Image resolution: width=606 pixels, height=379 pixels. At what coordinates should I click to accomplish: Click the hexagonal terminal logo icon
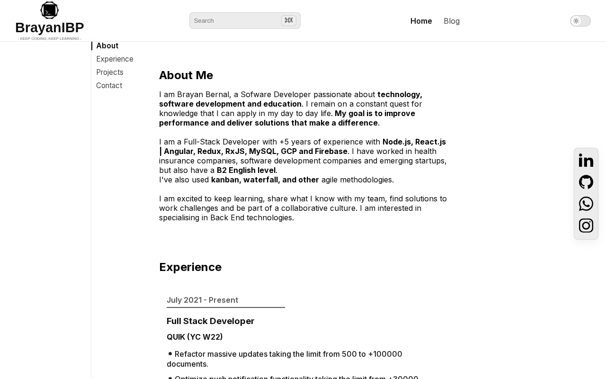tap(49, 10)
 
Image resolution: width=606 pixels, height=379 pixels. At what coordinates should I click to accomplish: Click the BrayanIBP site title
tap(49, 27)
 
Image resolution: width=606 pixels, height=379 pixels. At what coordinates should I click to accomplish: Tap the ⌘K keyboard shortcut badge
tap(288, 20)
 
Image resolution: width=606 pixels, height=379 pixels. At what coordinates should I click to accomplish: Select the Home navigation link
tap(421, 21)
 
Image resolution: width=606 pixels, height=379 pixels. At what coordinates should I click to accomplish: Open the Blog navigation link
tap(452, 21)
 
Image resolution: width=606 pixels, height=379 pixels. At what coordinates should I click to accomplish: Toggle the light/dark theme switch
tap(580, 21)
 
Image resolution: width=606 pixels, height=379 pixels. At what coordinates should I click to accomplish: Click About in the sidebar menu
tap(107, 46)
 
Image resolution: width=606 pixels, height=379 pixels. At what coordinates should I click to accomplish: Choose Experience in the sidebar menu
tap(115, 59)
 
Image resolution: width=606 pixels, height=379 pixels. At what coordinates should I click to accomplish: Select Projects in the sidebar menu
tap(110, 72)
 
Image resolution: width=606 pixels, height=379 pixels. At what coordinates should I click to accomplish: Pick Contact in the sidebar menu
tap(109, 86)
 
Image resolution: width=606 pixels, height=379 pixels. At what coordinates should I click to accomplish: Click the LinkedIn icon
tap(586, 161)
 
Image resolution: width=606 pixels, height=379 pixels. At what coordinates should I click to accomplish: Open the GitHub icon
tap(586, 182)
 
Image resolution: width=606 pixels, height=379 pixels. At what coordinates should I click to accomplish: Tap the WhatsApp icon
tap(586, 204)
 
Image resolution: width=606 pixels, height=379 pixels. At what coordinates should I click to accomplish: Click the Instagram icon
tap(586, 226)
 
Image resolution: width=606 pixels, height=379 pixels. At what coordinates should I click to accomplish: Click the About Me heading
tap(186, 75)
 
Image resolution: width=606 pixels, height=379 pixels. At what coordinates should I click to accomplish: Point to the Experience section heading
tap(190, 267)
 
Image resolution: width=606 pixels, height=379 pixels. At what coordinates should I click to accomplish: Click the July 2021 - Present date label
tap(202, 300)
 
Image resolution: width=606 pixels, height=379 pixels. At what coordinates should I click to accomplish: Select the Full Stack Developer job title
tap(210, 321)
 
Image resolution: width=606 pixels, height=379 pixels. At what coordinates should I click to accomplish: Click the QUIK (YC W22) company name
tap(195, 337)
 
